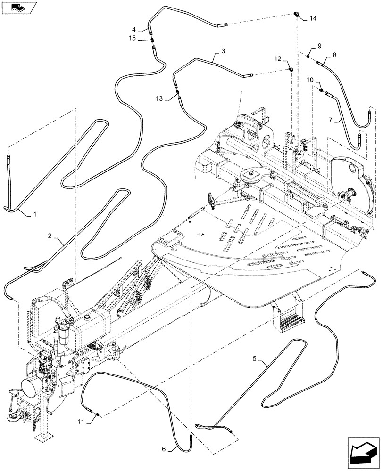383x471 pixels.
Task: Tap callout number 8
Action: point(334,55)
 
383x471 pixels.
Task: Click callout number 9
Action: point(319,46)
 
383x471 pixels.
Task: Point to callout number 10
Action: point(310,80)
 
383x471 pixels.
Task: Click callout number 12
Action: point(277,58)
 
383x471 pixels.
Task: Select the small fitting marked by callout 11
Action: point(97,414)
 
